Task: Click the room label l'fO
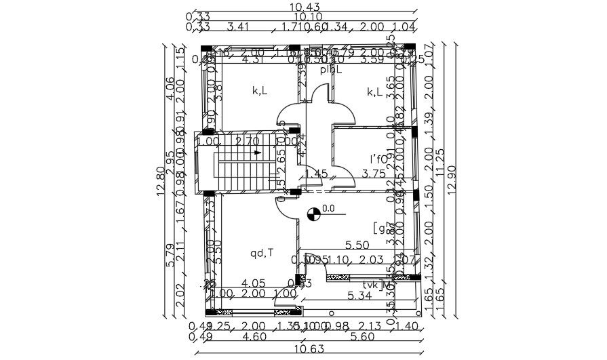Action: [378, 159]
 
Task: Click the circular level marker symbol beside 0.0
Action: [314, 214]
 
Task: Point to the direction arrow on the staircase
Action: [258, 153]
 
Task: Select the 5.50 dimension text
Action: [357, 244]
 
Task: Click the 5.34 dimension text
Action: [359, 296]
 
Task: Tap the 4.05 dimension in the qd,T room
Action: [253, 283]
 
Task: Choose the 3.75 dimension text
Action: [373, 174]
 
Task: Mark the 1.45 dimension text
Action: [317, 174]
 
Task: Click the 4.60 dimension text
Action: [253, 336]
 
